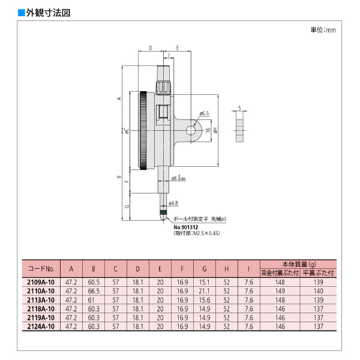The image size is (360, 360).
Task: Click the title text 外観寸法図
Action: click(45, 12)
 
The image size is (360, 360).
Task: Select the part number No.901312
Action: click(186, 226)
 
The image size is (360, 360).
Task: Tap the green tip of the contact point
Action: click(163, 212)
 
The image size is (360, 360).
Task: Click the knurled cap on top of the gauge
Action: click(163, 88)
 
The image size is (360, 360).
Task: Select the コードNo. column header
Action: click(41, 268)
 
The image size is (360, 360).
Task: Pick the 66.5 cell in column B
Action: click(93, 290)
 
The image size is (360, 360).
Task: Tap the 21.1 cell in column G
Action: click(204, 290)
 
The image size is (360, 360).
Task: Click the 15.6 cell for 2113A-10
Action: click(204, 299)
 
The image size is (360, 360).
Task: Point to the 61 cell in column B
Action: click(93, 299)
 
